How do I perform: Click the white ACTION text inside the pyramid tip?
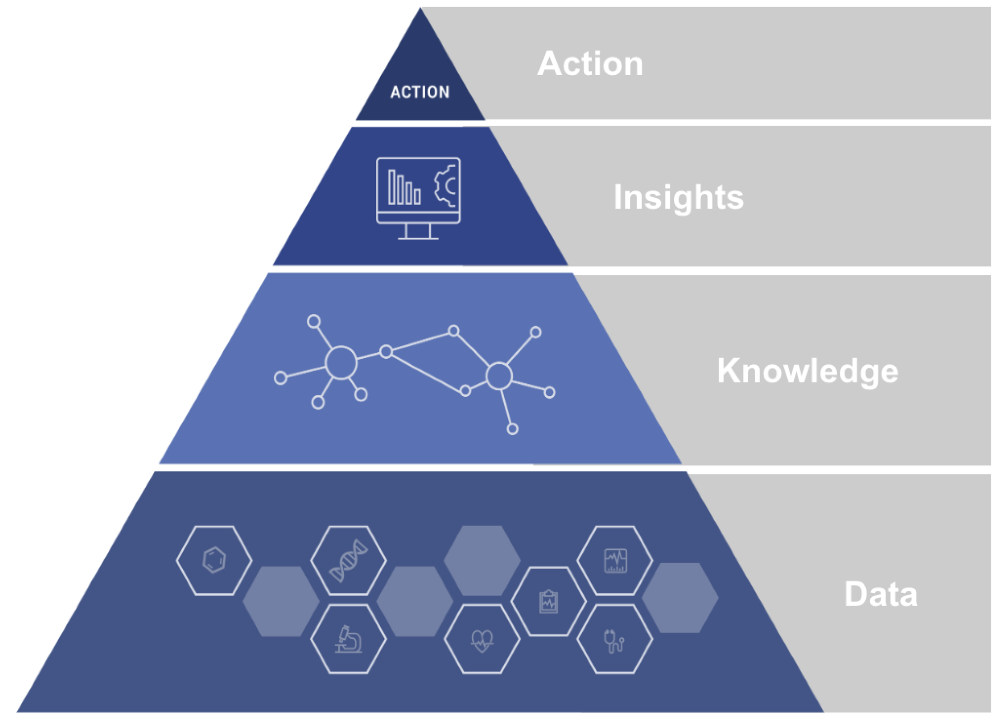[420, 92]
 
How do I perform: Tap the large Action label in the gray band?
[590, 64]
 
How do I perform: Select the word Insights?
[679, 197]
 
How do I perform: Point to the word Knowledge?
[807, 371]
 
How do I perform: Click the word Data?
[880, 594]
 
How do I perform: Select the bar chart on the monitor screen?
[404, 188]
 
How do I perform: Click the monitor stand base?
[418, 238]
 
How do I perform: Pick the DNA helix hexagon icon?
[348, 561]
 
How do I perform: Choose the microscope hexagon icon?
[348, 639]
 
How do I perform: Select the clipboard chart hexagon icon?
[549, 602]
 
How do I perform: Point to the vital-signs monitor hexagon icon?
[615, 561]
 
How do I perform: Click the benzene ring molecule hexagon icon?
[214, 561]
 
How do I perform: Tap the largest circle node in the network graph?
[341, 362]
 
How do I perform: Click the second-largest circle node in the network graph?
[499, 376]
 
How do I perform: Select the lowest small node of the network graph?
[512, 429]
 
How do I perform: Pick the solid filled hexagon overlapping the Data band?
[680, 597]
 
